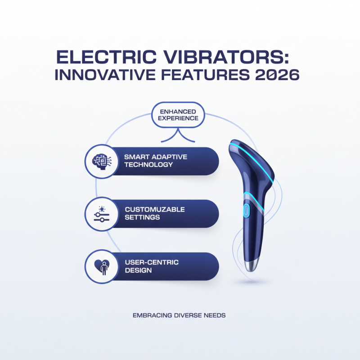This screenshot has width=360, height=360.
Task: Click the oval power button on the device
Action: pyautogui.click(x=246, y=210)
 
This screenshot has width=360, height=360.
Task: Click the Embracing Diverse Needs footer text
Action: pyautogui.click(x=179, y=315)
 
